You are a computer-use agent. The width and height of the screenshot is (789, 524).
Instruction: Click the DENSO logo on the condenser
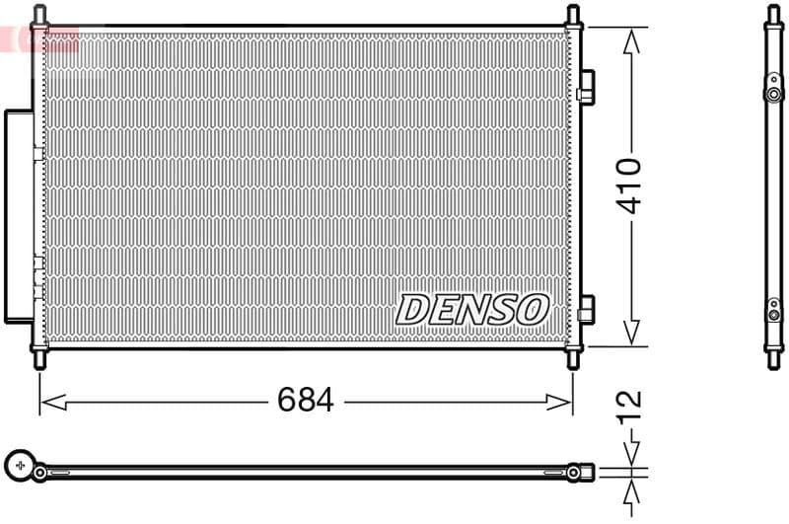pos(471,309)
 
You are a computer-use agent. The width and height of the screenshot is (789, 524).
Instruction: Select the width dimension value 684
pos(306,401)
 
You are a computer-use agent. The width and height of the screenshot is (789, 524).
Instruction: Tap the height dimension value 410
pos(630,185)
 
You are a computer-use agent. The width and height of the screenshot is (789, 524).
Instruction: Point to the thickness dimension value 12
pos(630,405)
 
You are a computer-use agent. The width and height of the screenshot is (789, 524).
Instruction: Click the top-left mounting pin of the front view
pos(39,15)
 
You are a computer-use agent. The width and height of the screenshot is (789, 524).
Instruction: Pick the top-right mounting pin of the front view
pos(573,15)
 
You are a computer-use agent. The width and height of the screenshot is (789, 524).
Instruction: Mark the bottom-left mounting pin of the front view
pos(39,359)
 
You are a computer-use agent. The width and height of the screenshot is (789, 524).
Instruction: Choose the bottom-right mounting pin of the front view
pos(573,359)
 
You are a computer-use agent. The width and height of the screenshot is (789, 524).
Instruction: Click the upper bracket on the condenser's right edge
pos(586,86)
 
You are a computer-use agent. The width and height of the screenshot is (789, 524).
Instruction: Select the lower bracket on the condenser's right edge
pos(586,309)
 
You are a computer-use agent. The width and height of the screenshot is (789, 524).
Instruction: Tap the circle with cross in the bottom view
pos(20,464)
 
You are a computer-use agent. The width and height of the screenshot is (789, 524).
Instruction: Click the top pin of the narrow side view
pos(773,14)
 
